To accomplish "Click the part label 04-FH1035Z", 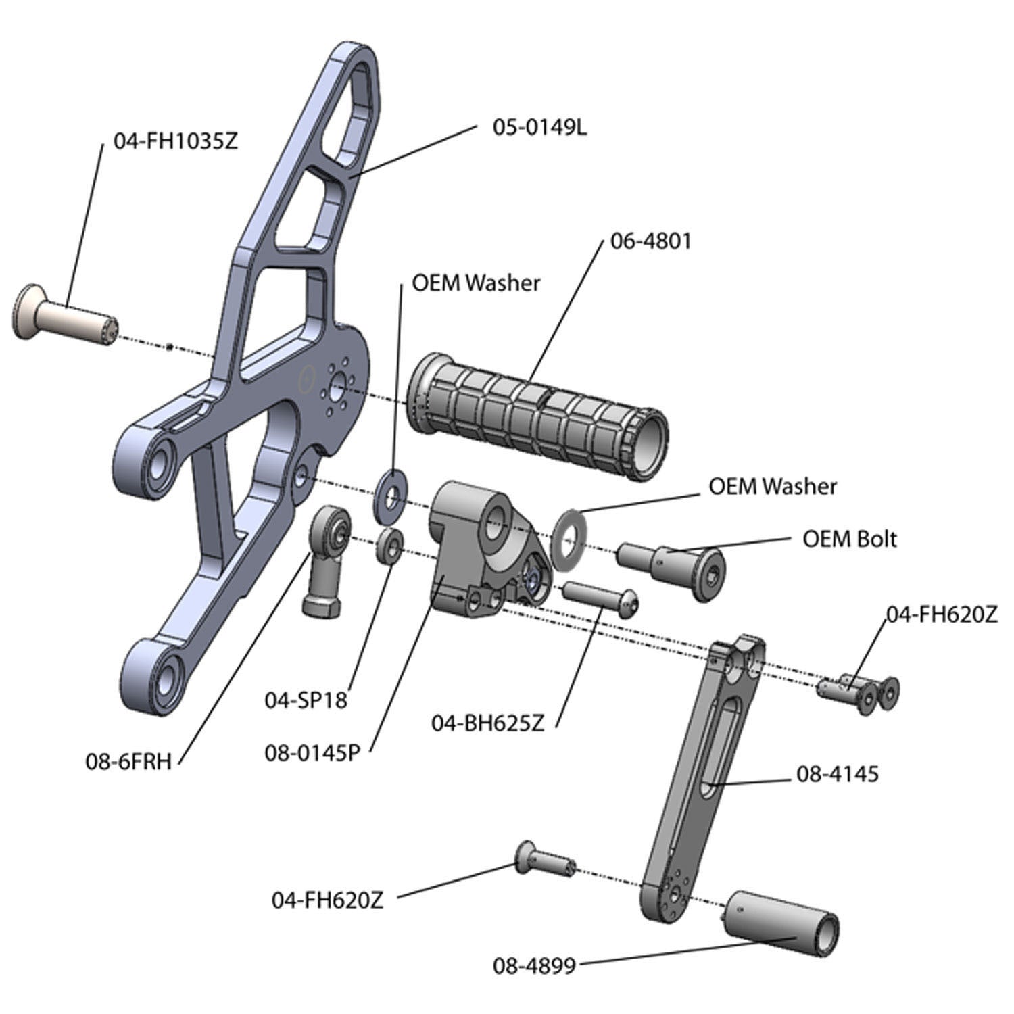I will click(176, 142).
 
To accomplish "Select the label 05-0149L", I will click(539, 127).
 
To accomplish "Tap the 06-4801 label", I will click(651, 241).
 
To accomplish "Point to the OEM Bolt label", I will click(850, 539).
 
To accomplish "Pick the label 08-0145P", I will click(312, 752).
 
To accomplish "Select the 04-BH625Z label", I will click(487, 723).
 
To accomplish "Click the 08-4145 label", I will click(838, 773).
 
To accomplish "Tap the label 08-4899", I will click(534, 965).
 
